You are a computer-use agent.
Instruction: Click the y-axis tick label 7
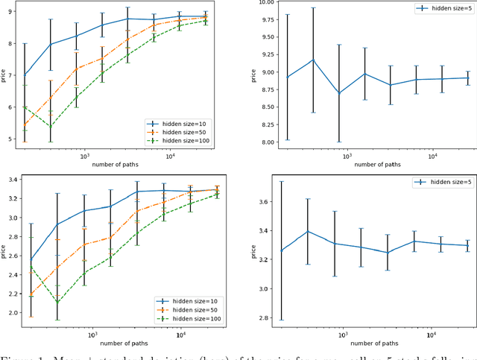point(10,75)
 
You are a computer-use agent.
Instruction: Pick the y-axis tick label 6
point(10,107)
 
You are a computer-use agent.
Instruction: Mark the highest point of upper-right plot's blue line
point(313,60)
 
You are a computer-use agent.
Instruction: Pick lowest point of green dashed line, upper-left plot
point(51,127)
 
